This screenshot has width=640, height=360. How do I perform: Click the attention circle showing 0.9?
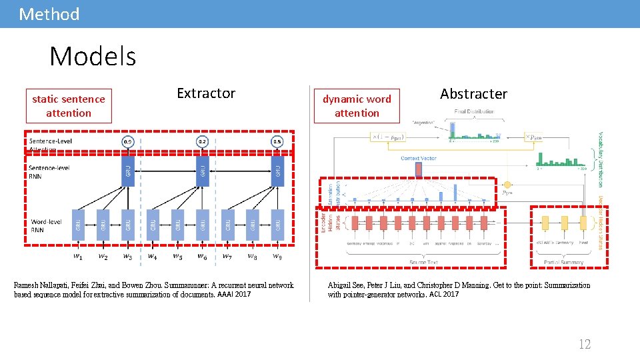click(127, 142)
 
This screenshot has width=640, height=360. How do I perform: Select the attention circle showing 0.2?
click(203, 142)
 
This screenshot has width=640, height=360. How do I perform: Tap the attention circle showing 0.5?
click(277, 142)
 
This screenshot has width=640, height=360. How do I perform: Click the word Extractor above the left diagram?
click(206, 93)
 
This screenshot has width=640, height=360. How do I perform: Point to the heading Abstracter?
click(473, 94)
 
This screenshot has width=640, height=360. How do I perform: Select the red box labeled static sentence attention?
click(69, 106)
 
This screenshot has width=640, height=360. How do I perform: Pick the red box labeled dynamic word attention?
click(357, 106)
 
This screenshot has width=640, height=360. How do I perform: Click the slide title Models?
click(93, 56)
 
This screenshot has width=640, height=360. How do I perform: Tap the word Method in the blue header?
click(49, 14)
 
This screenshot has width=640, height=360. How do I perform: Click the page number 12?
click(584, 344)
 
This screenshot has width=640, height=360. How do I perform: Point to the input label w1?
click(78, 256)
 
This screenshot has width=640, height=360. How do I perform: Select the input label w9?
click(277, 256)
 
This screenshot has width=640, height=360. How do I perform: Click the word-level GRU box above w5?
click(178, 225)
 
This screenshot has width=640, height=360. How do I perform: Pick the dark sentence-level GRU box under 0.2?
click(203, 171)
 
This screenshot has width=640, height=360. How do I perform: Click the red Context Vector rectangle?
click(419, 170)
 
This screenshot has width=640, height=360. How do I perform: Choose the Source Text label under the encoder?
click(423, 262)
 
